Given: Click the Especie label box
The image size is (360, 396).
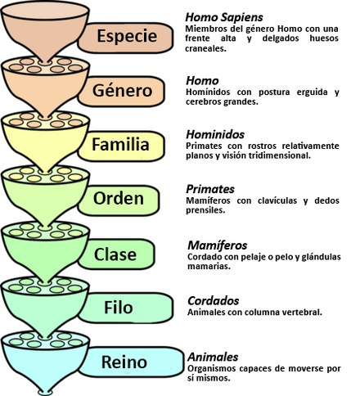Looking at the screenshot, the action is [x=126, y=38].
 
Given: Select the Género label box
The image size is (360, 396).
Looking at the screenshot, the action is [x=122, y=92].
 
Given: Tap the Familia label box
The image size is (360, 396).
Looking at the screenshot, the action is [x=122, y=146].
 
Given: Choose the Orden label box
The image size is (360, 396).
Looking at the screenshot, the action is [x=119, y=200].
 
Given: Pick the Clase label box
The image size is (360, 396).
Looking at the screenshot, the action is [x=117, y=254].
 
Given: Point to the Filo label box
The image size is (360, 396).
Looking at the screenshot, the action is [x=126, y=308].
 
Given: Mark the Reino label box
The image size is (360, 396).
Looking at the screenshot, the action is [x=131, y=362].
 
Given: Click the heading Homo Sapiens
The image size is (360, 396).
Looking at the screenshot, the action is [x=224, y=17].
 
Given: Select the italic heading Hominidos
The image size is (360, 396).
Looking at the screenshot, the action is [x=215, y=134].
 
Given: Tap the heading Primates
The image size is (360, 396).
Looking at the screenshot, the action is [x=210, y=189].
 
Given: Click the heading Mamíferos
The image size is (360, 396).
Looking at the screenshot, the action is [x=218, y=245].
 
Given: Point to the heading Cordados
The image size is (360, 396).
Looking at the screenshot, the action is [x=214, y=301].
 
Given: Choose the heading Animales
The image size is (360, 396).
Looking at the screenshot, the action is [x=213, y=357].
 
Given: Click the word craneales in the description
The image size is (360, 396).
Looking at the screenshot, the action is [x=205, y=48].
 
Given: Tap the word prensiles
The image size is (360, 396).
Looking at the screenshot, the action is [x=205, y=210].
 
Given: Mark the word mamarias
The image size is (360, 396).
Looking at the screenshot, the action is [x=209, y=266].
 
